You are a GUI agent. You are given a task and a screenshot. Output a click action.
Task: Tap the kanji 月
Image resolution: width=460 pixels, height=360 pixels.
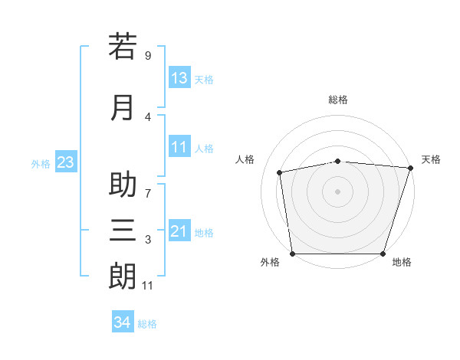click(x=123, y=108)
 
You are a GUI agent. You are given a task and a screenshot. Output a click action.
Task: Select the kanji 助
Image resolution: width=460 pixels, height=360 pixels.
click(x=123, y=185)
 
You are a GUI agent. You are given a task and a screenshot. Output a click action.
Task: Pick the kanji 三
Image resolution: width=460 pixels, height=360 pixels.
click(x=123, y=231)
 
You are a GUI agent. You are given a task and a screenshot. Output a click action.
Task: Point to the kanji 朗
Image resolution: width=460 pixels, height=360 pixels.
click(x=123, y=277)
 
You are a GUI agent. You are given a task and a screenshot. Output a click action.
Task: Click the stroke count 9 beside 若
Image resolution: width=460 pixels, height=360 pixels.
click(x=148, y=55)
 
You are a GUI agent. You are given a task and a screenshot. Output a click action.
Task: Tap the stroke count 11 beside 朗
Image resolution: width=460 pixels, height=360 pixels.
click(x=148, y=286)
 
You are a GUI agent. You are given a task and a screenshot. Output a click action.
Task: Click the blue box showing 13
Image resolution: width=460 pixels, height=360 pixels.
click(x=179, y=78)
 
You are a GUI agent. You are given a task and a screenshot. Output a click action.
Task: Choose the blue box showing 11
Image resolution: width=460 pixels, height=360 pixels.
click(x=179, y=147)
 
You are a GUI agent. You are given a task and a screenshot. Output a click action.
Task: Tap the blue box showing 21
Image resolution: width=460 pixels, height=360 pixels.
click(x=179, y=231)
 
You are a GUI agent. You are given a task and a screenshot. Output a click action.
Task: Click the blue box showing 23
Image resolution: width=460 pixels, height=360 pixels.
click(x=64, y=162)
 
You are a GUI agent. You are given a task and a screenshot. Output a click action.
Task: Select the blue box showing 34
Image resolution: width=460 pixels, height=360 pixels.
click(x=122, y=322)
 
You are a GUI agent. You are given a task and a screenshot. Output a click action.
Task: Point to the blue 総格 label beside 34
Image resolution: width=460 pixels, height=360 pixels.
click(x=147, y=324)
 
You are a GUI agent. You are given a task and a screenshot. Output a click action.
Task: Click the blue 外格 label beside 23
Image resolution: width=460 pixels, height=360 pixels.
click(x=41, y=164)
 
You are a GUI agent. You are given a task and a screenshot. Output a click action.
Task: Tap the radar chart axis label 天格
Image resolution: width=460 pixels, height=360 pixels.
click(x=431, y=159)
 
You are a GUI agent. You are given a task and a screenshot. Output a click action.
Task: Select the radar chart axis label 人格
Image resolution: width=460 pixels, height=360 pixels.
click(x=245, y=159)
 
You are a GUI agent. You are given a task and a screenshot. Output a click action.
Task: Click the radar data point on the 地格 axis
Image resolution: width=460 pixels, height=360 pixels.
click(x=383, y=254)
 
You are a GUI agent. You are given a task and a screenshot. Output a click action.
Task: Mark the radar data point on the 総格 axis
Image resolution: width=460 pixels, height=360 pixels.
click(x=338, y=161)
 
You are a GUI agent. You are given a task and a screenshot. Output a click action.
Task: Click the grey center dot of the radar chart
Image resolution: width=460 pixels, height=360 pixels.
click(x=338, y=191)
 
